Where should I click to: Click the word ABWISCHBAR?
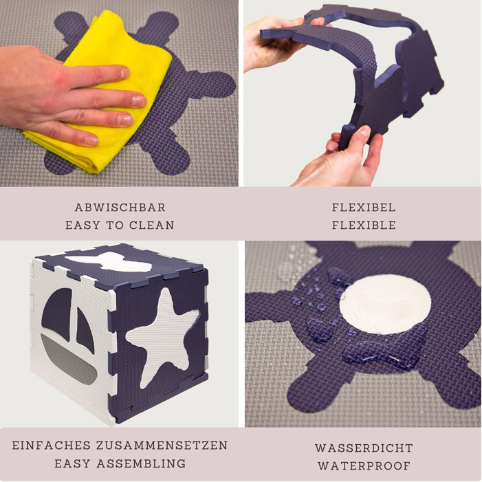[x=120, y=208]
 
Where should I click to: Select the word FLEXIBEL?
[x=364, y=208]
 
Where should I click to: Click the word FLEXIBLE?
[x=364, y=226]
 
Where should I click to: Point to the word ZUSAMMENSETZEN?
[x=162, y=446]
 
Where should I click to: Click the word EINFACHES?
[x=52, y=446]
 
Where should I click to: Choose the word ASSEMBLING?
[x=141, y=463]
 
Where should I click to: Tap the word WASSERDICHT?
[x=364, y=448]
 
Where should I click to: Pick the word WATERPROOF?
[x=364, y=465]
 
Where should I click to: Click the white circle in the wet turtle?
[x=385, y=305]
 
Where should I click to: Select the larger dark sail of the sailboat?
[x=57, y=314]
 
